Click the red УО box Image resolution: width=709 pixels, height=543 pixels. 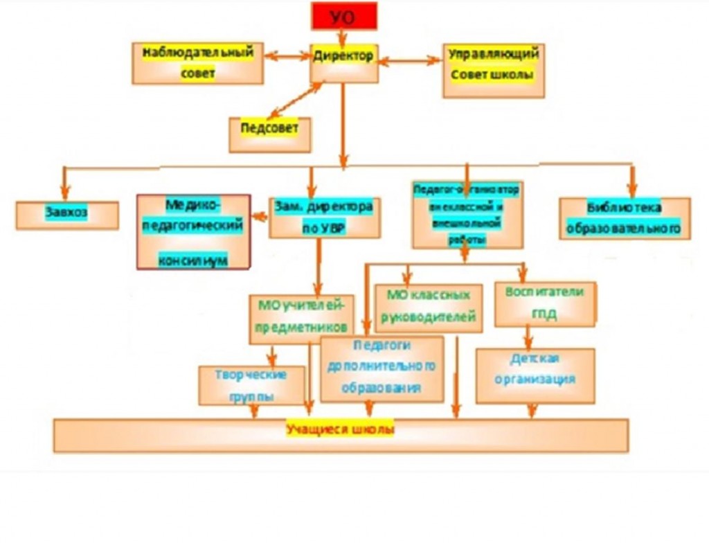344,16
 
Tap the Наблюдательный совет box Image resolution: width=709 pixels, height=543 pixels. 198,63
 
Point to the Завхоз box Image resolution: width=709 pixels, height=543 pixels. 67,214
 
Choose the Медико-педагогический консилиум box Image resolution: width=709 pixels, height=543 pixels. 193,231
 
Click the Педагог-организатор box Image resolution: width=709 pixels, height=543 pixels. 467,214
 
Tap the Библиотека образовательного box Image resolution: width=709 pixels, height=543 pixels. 625,218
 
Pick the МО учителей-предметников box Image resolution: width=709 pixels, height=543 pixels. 301,318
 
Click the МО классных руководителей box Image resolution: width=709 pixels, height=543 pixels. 428,307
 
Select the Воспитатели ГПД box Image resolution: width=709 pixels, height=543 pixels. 545,303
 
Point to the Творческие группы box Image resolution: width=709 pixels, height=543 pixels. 251,386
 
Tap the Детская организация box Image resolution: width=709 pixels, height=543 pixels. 535,375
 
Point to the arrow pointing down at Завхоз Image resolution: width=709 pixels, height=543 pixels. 64,184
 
